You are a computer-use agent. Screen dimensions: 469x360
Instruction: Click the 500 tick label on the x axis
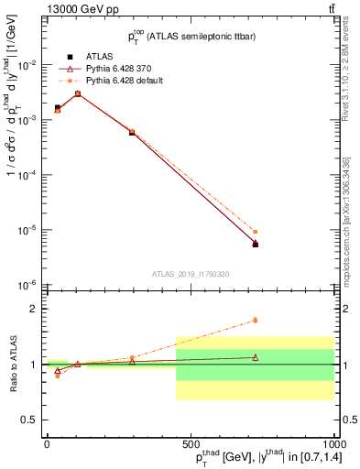coord(190,442)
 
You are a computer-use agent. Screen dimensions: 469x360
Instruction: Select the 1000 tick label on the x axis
coord(331,442)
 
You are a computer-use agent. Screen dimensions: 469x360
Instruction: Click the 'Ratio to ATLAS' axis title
coord(13,364)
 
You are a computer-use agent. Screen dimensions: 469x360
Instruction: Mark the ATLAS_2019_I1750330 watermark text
coord(190,274)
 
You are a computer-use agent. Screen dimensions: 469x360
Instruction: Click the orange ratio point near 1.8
coord(255,320)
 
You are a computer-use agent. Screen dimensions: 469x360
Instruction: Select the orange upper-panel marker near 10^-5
coord(255,232)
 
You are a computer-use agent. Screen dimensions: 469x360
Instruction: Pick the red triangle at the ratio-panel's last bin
coord(255,357)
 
